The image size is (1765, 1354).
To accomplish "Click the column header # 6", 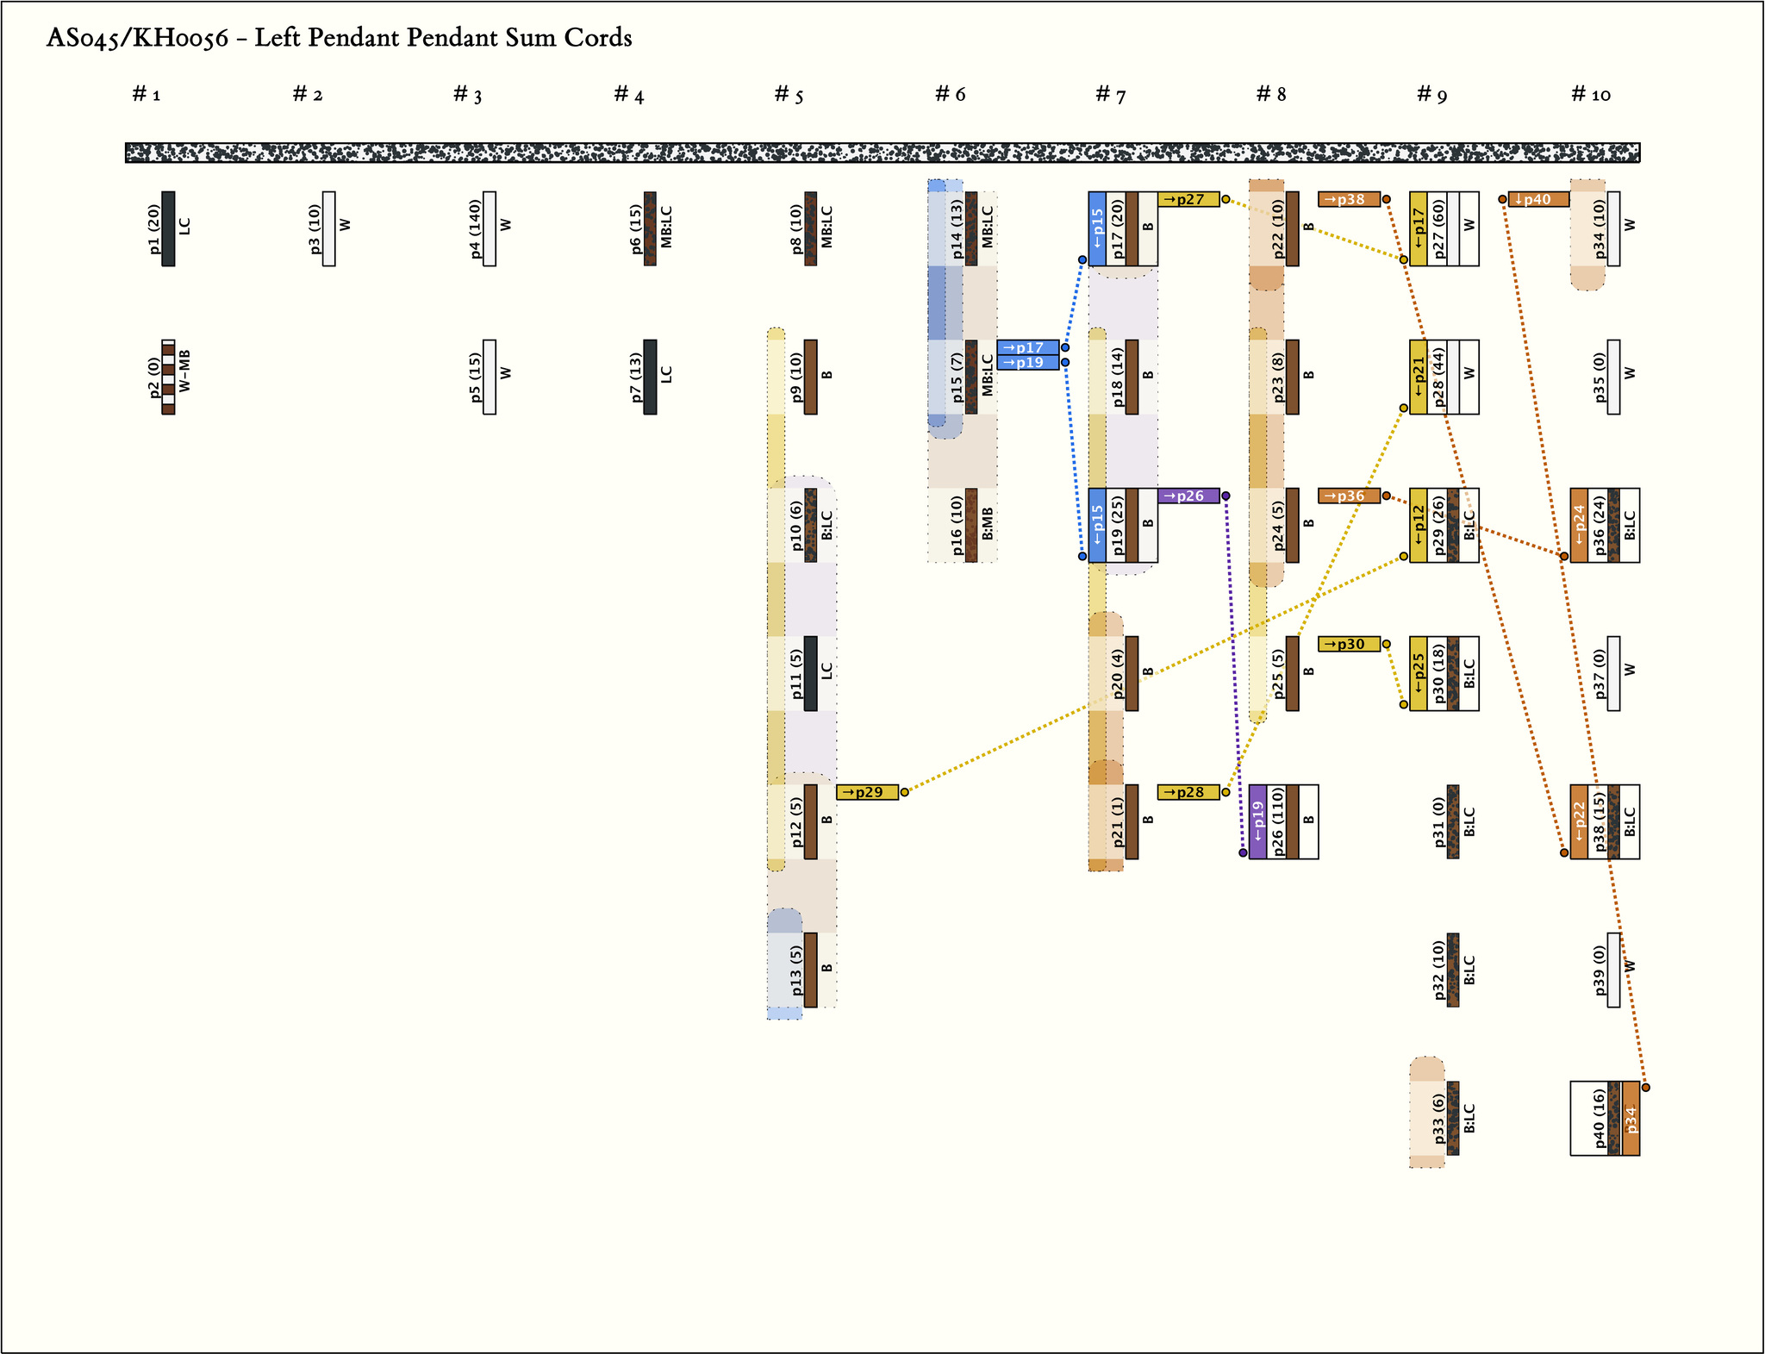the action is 951,95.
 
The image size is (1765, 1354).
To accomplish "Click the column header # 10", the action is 1591,95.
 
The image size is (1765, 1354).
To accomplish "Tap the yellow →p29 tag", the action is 867,792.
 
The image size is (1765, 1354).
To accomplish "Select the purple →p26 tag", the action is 1188,496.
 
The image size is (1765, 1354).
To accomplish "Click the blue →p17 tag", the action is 1027,347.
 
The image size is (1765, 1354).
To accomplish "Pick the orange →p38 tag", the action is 1349,199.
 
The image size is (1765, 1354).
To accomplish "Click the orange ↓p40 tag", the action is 1538,199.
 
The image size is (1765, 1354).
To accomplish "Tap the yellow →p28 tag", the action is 1188,792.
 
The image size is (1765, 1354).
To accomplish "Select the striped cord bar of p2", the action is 168,377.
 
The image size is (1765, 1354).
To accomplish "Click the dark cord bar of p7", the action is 650,377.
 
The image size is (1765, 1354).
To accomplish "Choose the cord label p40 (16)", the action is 1599,1119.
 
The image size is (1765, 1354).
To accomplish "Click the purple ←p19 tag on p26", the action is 1257,822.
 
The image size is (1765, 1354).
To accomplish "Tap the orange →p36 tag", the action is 1349,496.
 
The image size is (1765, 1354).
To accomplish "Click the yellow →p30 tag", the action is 1349,644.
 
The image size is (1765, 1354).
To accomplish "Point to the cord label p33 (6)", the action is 1438,1119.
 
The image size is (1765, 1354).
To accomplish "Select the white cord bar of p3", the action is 329,228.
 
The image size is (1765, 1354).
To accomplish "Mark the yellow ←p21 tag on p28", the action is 1419,377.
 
